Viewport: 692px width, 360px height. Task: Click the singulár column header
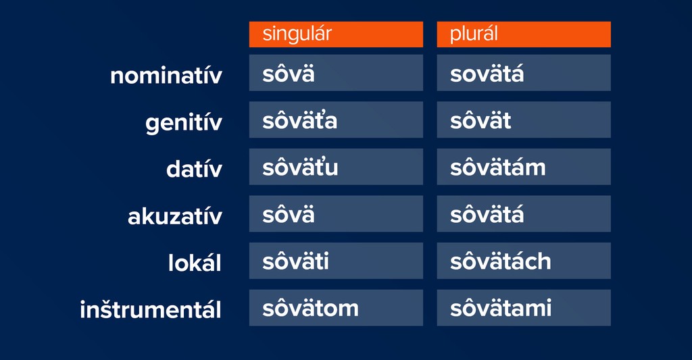click(336, 34)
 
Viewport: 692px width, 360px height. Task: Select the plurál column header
click(524, 34)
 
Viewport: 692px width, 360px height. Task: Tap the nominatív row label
click(166, 76)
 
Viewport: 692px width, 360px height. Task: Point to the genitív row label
click(184, 123)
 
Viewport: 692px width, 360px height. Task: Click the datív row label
click(194, 170)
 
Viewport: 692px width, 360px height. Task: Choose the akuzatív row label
click(175, 216)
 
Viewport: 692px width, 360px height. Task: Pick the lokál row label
click(195, 263)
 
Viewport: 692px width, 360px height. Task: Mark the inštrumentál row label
click(151, 309)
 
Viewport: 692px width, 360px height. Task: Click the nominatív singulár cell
click(336, 73)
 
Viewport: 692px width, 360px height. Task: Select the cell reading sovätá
click(524, 73)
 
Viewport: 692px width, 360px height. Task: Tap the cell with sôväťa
click(336, 120)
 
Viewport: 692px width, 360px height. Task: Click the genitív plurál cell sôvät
click(524, 120)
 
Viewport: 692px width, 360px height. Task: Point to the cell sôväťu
click(336, 167)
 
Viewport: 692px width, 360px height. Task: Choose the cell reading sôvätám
click(524, 167)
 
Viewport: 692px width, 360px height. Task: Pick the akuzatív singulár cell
click(336, 214)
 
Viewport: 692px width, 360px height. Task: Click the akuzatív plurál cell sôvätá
click(524, 214)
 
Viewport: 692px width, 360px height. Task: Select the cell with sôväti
click(336, 261)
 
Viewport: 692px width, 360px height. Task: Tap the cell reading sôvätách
click(524, 261)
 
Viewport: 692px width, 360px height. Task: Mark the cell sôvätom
click(336, 308)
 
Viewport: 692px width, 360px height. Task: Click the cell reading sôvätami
click(524, 308)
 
